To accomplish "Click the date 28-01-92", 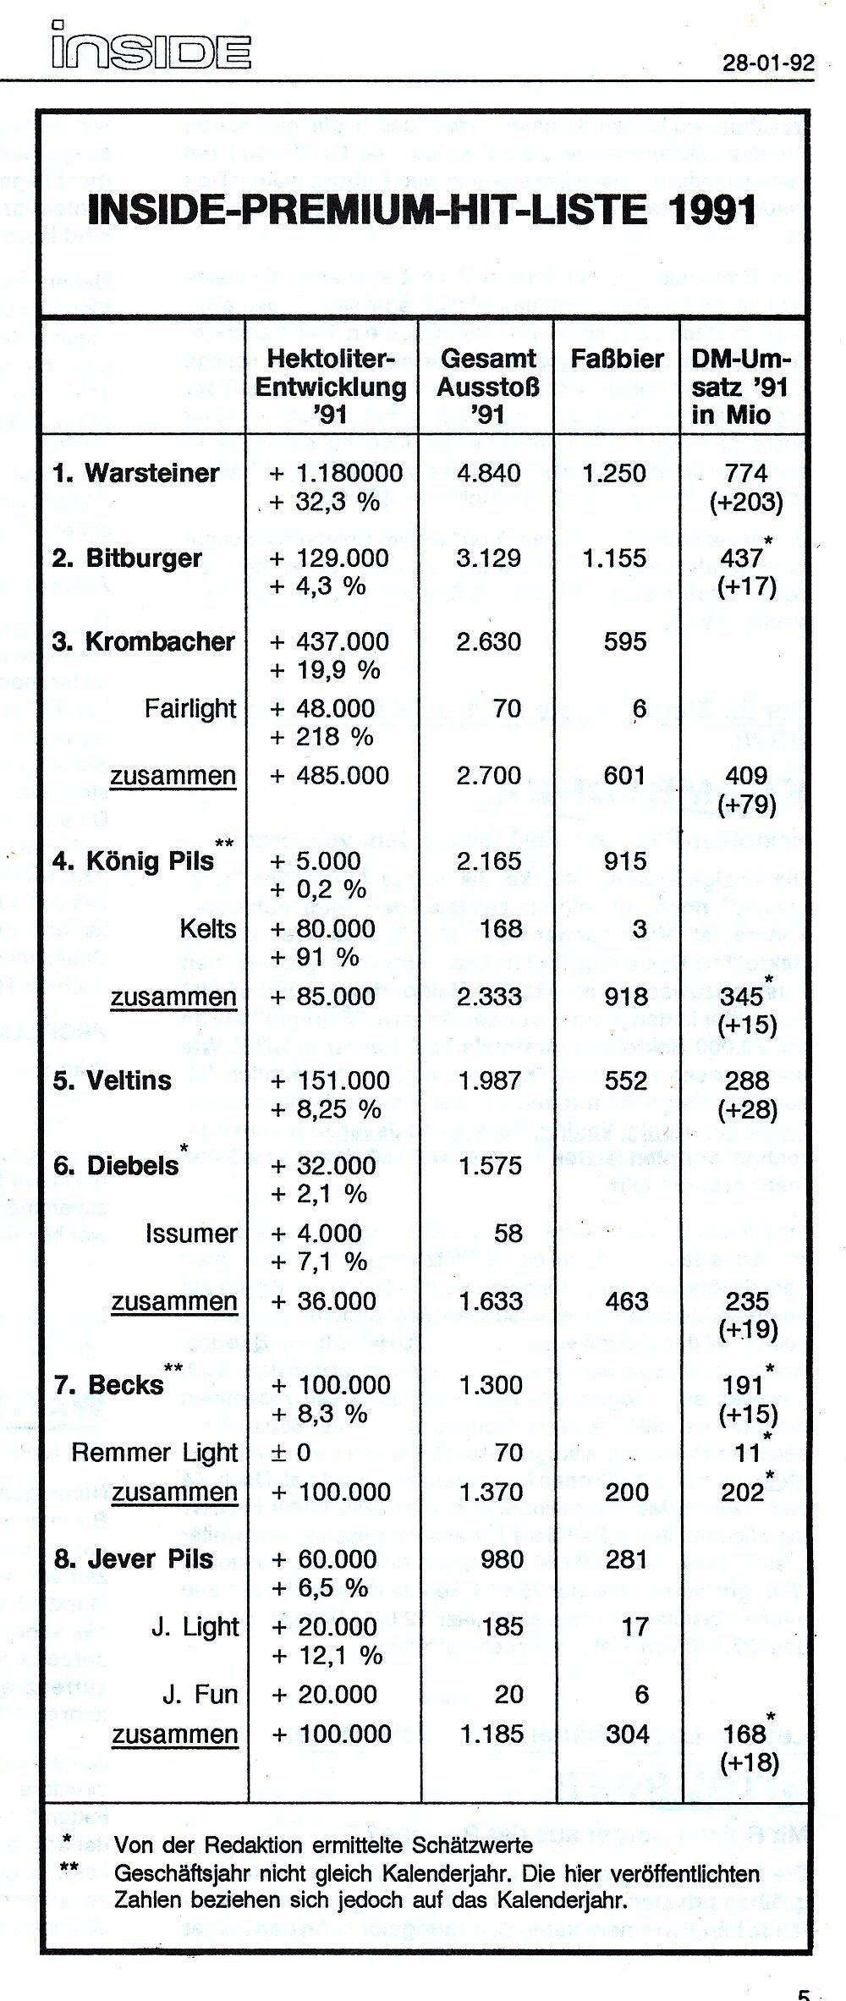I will click(768, 64).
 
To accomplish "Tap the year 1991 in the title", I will click(711, 209).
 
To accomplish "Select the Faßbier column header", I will click(617, 359).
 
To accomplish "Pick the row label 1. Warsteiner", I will click(135, 473).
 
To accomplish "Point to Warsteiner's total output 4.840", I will click(488, 473).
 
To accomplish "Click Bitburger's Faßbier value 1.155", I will click(614, 558).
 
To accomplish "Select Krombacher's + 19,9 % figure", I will click(325, 670).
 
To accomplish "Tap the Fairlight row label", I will click(190, 708).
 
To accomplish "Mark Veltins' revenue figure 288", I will click(746, 1080).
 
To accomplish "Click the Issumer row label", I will click(191, 1234).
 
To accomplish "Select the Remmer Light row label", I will click(155, 1453).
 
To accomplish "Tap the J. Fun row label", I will click(200, 1694).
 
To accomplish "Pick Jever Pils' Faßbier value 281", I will click(626, 1558).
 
